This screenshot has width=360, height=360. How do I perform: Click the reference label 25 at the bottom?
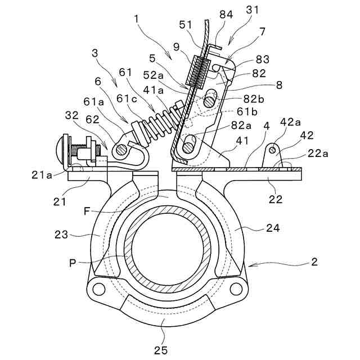coord(161,350)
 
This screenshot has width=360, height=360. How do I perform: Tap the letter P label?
coord(73,263)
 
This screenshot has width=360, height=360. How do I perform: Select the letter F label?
coord(87,211)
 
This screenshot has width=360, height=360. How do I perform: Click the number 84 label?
coord(226,15)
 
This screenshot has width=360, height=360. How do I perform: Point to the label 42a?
coord(290,122)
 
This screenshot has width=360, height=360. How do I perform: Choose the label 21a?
coord(42,175)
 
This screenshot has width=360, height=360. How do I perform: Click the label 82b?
coord(254,99)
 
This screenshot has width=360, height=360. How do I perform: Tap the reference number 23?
coord(61,235)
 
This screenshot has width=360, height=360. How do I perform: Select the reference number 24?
coord(273,228)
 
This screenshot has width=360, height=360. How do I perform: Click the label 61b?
coord(247,112)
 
